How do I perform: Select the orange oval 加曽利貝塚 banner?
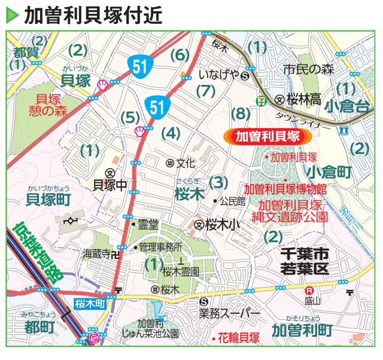pyautogui.click(x=268, y=136)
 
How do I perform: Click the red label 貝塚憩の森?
pyautogui.click(x=50, y=105)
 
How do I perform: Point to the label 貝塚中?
pyautogui.click(x=110, y=185)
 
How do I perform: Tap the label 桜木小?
pyautogui.click(x=221, y=225)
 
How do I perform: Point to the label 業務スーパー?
pyautogui.click(x=229, y=313)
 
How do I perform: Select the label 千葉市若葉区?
pyautogui.click(x=305, y=261)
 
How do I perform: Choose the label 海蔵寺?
pyautogui.click(x=96, y=253)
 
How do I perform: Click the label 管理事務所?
pyautogui.click(x=161, y=246)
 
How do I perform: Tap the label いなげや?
pyautogui.click(x=218, y=76)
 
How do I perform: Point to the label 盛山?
pyautogui.click(x=313, y=300)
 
